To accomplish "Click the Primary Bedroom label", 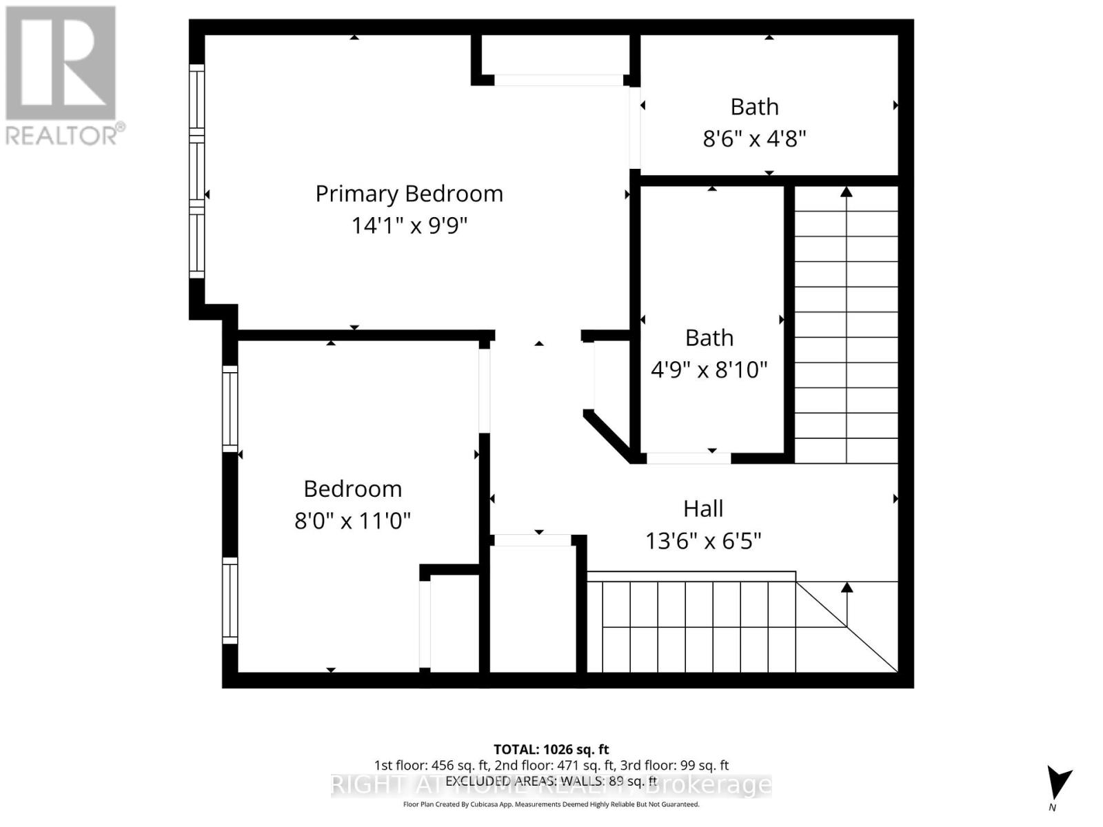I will (409, 194).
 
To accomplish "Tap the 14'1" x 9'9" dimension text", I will (409, 225).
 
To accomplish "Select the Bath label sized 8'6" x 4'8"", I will (754, 107).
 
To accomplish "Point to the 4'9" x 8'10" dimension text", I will (709, 369).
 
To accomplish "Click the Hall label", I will (702, 509).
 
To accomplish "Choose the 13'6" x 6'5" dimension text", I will (702, 541).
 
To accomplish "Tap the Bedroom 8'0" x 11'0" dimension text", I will (352, 520).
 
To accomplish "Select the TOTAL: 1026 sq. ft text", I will (551, 749).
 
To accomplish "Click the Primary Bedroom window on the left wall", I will (197, 172).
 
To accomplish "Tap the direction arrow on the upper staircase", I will (847, 192).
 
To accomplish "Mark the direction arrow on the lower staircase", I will (847, 587).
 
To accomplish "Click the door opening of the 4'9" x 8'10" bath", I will (688, 458).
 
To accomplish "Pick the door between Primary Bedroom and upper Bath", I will (635, 127).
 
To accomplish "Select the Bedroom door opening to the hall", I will (485, 391).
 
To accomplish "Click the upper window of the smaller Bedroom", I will (230, 409).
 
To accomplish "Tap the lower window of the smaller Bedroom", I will (230, 600).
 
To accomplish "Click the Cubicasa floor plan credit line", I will (551, 804).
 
